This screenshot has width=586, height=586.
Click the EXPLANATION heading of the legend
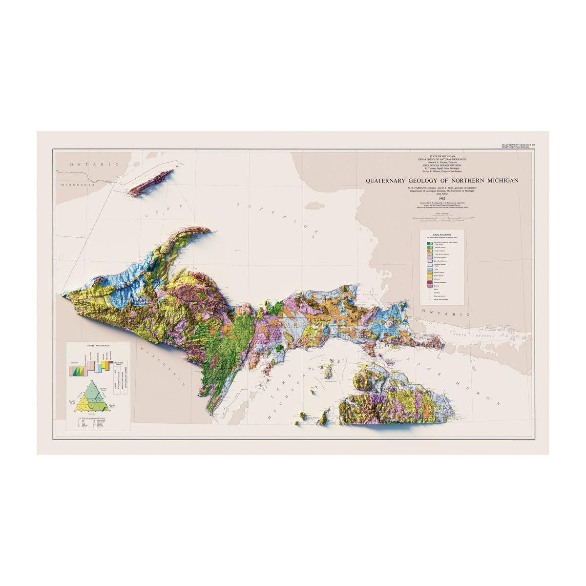442,235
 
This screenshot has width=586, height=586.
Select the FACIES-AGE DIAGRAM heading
98,345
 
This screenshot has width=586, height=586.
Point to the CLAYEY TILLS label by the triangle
103,389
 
